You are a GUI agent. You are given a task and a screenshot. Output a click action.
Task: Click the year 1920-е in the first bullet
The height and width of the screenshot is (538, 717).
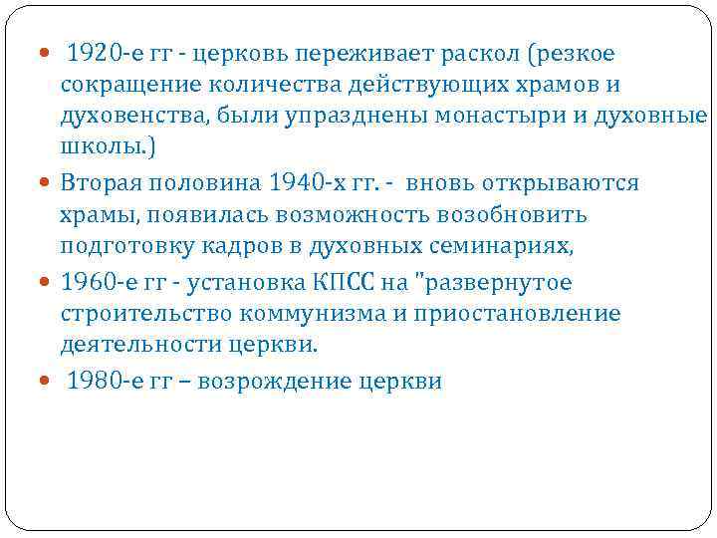click(105, 52)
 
